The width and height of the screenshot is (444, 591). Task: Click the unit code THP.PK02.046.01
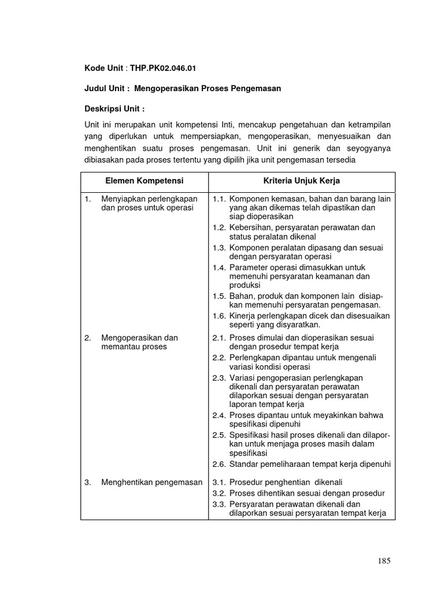(163, 69)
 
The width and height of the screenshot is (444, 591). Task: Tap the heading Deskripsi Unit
(114, 109)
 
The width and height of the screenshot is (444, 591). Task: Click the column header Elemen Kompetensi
(144, 181)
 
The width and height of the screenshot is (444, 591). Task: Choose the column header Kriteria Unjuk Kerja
(301, 181)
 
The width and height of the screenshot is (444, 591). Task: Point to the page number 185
(384, 560)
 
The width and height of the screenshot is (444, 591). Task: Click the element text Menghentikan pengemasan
(151, 482)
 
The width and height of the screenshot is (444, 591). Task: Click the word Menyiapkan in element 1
(123, 199)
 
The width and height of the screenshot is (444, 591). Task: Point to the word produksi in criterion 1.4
(245, 285)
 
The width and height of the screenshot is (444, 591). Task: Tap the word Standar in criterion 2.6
(243, 464)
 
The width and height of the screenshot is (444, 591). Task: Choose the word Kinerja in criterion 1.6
(243, 316)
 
